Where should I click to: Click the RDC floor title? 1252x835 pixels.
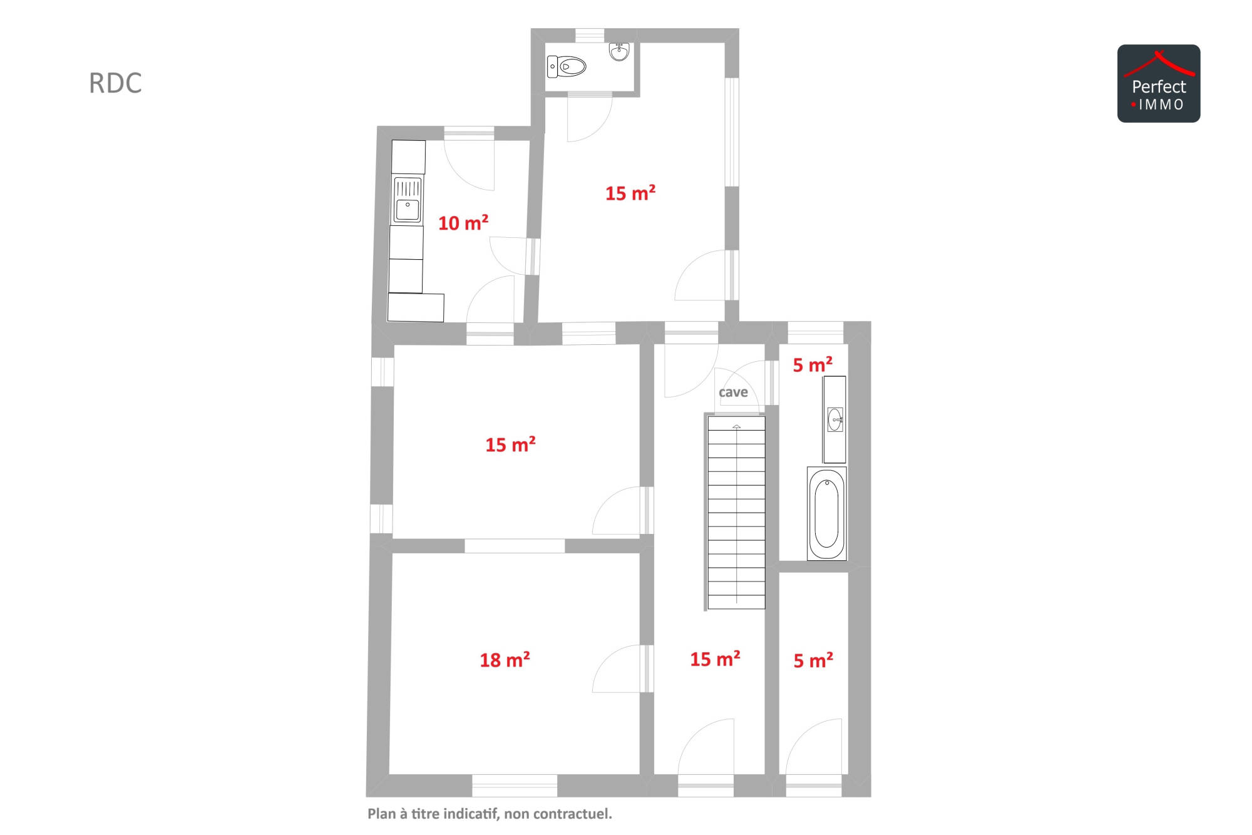click(x=115, y=83)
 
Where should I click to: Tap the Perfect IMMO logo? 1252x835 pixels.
click(x=1159, y=83)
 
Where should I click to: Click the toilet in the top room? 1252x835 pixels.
click(x=567, y=66)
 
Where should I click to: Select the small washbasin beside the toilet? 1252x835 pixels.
click(x=619, y=51)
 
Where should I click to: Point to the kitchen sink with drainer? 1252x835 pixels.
click(x=407, y=200)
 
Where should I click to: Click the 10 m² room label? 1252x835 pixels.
click(x=463, y=223)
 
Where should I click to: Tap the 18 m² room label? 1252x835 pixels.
click(x=505, y=660)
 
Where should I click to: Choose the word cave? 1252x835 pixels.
click(x=733, y=392)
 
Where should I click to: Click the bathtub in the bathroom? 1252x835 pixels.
click(x=827, y=513)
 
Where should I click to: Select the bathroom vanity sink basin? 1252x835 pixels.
click(x=835, y=419)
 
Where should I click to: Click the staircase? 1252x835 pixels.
click(x=736, y=513)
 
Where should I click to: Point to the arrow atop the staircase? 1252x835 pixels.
click(x=737, y=427)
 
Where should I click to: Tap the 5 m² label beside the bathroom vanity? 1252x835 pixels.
click(x=813, y=365)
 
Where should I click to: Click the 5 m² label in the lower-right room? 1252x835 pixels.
click(x=813, y=660)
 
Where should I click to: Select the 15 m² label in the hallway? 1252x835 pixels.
click(x=715, y=659)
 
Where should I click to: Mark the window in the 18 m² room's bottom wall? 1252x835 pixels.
click(x=515, y=786)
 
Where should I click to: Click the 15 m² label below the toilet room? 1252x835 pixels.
click(x=630, y=193)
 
